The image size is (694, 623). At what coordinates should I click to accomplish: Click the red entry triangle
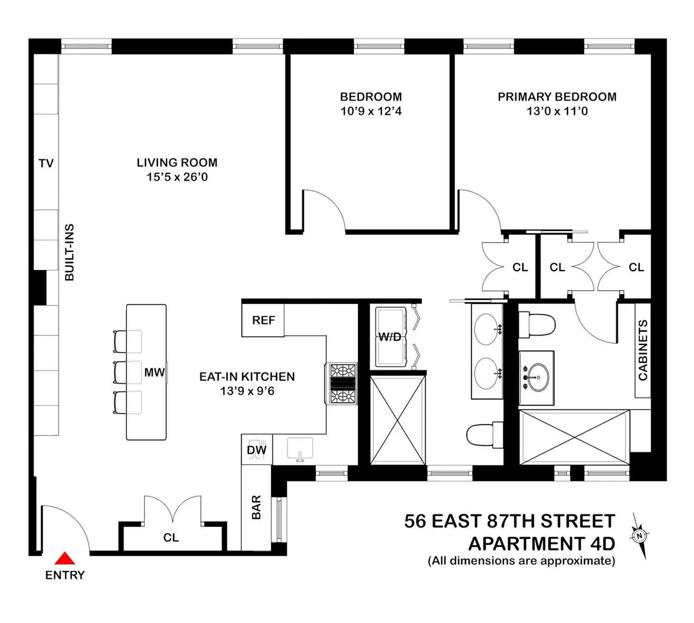[65, 558]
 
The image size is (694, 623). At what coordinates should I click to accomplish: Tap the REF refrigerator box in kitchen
[263, 321]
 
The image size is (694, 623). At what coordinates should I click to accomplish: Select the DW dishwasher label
[257, 450]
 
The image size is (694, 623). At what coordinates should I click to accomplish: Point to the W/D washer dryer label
[390, 337]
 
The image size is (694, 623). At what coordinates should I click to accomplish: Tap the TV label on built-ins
[46, 164]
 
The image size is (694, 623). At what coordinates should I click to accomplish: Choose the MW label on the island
[155, 372]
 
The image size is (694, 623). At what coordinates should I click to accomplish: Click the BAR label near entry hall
[256, 507]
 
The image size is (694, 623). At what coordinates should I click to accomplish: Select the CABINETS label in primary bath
[643, 350]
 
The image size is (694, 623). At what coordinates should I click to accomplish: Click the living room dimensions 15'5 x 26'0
[177, 177]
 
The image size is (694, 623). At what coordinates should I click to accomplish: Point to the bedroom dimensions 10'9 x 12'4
[371, 111]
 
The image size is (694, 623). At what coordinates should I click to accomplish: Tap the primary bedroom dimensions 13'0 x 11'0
[557, 111]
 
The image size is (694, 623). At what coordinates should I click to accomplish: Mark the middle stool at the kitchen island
[127, 372]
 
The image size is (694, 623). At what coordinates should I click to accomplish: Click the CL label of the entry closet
[171, 538]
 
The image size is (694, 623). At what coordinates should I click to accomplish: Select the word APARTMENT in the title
[527, 544]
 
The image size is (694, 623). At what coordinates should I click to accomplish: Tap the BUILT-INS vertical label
[69, 252]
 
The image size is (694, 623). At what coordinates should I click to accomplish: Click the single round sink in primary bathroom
[538, 378]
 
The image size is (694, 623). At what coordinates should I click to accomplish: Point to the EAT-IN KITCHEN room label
[247, 377]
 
